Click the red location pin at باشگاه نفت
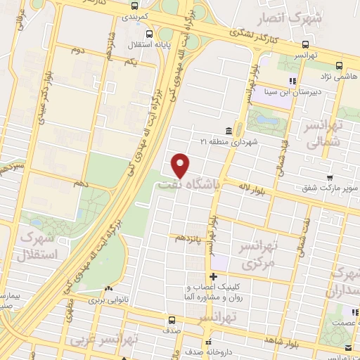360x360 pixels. [181, 165]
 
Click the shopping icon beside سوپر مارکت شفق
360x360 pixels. [330, 178]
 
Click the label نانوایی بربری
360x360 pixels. [109, 300]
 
